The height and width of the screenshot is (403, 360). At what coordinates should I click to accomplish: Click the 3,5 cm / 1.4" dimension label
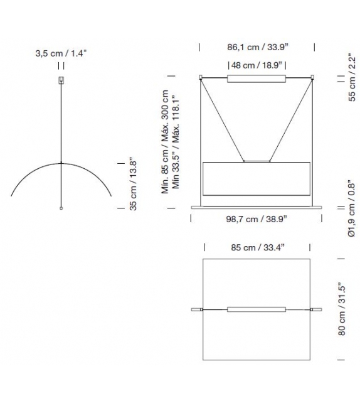coord(61,53)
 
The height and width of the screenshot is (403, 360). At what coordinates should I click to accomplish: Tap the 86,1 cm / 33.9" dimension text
coord(258,47)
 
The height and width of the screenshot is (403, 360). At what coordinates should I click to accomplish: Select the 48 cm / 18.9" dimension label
coord(257,65)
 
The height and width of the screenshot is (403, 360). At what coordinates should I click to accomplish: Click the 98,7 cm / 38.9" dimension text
coord(257,219)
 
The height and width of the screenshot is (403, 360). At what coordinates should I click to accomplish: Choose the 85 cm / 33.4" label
coord(258,247)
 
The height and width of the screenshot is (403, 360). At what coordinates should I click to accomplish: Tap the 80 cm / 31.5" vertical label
coord(342,309)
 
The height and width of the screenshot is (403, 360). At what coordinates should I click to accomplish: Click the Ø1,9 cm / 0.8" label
coord(351,210)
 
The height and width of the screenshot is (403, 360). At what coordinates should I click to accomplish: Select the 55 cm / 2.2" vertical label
coord(352,77)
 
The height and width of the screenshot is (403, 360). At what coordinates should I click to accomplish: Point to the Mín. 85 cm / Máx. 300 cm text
coord(165,142)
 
